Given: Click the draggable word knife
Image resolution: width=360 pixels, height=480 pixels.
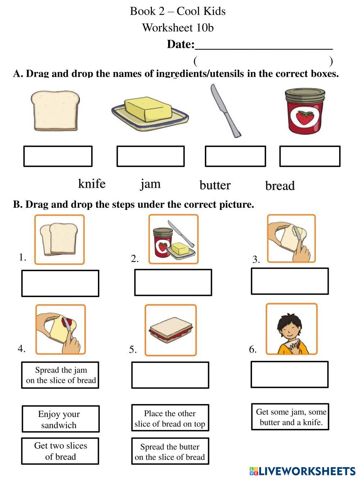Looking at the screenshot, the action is pyautogui.click(x=92, y=184).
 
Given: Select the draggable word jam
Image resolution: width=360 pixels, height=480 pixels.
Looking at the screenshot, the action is pyautogui.click(x=150, y=184).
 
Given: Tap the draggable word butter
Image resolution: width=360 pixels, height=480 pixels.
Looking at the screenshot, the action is pyautogui.click(x=215, y=185).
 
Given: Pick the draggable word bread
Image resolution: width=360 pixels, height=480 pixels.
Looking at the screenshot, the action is pyautogui.click(x=280, y=186).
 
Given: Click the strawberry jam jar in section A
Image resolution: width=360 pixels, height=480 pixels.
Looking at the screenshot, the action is pyautogui.click(x=305, y=111).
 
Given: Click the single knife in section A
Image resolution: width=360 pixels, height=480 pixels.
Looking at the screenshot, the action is pyautogui.click(x=226, y=111).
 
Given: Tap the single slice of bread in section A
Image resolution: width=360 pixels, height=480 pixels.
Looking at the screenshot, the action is pyautogui.click(x=55, y=111).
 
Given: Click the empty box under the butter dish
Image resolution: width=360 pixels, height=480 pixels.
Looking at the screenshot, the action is pyautogui.click(x=150, y=156).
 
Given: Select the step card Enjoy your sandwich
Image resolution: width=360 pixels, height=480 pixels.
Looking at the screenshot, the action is pyautogui.click(x=60, y=419).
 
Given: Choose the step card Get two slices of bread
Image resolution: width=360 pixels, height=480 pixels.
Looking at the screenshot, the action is pyautogui.click(x=60, y=451).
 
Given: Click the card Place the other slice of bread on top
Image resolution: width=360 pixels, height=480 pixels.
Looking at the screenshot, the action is pyautogui.click(x=170, y=418).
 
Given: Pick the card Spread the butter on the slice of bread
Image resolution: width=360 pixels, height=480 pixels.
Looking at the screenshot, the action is pyautogui.click(x=170, y=451).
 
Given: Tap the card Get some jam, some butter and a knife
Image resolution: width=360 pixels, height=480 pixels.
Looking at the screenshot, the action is pyautogui.click(x=290, y=417).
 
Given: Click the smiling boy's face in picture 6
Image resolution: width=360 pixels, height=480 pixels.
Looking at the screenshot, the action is pyautogui.click(x=289, y=328).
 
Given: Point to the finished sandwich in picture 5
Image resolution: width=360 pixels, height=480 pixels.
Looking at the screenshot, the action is pyautogui.click(x=171, y=330).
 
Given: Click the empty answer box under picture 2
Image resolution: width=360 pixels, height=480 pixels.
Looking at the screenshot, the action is pyautogui.click(x=173, y=283).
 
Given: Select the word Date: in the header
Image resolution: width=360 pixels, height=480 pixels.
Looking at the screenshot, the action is pyautogui.click(x=181, y=44).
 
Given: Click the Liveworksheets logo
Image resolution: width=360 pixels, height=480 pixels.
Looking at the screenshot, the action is pyautogui.click(x=302, y=471).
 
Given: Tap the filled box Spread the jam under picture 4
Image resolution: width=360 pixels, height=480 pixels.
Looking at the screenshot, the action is pyautogui.click(x=60, y=375).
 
